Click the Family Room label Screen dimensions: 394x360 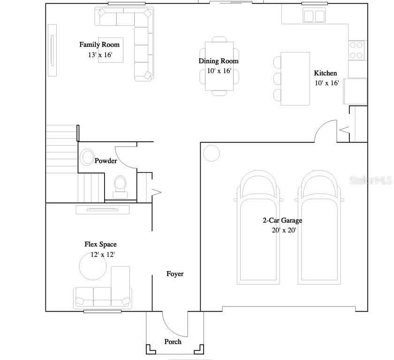99,45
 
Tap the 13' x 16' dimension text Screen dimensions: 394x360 100,55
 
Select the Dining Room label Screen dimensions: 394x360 219,61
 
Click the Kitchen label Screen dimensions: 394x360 326,73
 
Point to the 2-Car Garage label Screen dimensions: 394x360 282,220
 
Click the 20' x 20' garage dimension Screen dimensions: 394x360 284,230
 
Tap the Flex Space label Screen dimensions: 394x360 100,244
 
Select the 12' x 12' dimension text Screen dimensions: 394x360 103,255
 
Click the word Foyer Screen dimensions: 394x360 175,274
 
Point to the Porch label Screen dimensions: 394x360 173,342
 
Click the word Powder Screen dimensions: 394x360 106,161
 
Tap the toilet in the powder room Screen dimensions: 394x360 120,187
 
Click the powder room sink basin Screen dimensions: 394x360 87,157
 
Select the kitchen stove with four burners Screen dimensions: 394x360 356,50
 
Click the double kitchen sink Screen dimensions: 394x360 314,15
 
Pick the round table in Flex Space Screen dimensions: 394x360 93,266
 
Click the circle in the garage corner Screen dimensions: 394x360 212,153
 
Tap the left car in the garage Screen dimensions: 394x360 258,227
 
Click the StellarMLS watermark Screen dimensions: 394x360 371,180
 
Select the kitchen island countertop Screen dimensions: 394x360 295,79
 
